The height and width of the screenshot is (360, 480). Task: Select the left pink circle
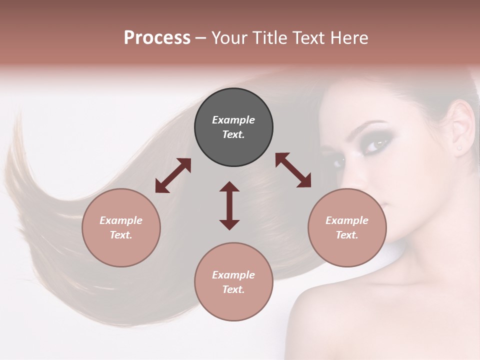point(121,227)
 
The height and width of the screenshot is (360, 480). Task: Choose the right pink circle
point(347,227)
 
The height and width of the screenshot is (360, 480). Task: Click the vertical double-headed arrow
point(229,205)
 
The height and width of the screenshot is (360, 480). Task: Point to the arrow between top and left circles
point(173,175)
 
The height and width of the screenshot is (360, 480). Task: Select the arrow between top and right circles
point(293,170)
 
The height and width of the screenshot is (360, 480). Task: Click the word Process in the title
point(157,37)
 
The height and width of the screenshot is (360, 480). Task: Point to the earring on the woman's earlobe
point(459,148)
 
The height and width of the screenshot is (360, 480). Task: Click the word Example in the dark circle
point(233,120)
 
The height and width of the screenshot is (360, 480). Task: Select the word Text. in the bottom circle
point(233,289)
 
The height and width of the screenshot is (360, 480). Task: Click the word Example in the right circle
point(347,220)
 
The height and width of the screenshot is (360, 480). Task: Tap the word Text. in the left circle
point(121,235)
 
